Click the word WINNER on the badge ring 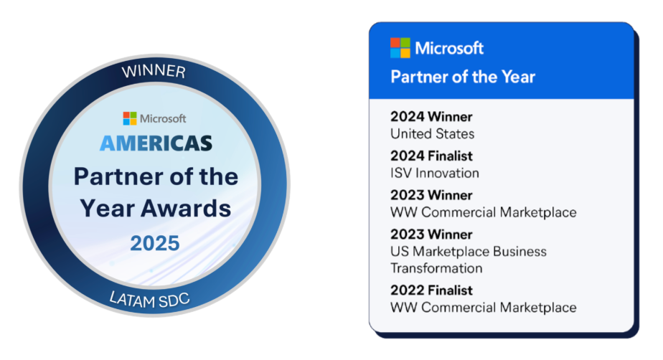pyautogui.click(x=154, y=71)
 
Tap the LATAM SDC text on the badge pyautogui.click(x=150, y=300)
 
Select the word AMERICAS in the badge pyautogui.click(x=156, y=143)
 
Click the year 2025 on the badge pyautogui.click(x=155, y=243)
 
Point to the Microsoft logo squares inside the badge pyautogui.click(x=130, y=118)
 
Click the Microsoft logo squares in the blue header pyautogui.click(x=400, y=48)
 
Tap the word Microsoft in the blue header pyautogui.click(x=449, y=48)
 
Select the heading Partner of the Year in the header pyautogui.click(x=463, y=77)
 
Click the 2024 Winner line pyautogui.click(x=431, y=117)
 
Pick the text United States pyautogui.click(x=432, y=134)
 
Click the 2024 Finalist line pyautogui.click(x=431, y=156)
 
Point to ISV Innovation pyautogui.click(x=435, y=173)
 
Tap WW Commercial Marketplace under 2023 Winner pyautogui.click(x=484, y=212)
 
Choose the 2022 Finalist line pyautogui.click(x=431, y=290)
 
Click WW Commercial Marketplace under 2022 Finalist pyautogui.click(x=484, y=307)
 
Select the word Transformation pyautogui.click(x=436, y=268)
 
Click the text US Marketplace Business pyautogui.click(x=469, y=252)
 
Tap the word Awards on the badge pyautogui.click(x=186, y=208)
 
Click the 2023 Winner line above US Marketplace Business pyautogui.click(x=431, y=234)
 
